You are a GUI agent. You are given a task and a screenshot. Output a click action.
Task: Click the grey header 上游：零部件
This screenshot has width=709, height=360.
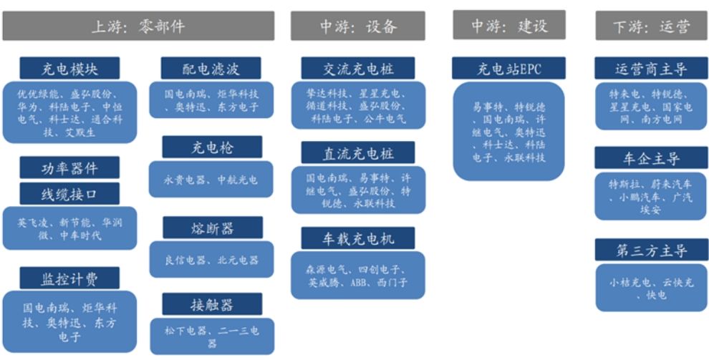click(x=138, y=26)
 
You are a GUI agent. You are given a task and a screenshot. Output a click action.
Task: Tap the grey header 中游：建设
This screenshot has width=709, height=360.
click(x=508, y=26)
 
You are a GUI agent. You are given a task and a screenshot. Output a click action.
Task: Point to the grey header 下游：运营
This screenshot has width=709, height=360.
click(x=651, y=26)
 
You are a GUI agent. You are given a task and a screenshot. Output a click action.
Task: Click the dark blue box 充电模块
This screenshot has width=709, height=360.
click(x=69, y=69)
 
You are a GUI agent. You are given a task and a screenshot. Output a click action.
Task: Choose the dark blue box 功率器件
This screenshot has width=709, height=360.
click(x=69, y=169)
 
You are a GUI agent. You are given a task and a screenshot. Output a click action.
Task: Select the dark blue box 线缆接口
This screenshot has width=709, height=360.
click(x=69, y=194)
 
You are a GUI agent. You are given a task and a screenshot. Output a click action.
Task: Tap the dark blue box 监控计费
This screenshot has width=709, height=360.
click(x=69, y=278)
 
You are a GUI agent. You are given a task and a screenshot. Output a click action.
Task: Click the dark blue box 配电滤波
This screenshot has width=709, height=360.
click(x=211, y=69)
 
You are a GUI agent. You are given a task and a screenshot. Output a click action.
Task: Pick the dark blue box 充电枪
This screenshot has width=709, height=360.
click(x=211, y=147)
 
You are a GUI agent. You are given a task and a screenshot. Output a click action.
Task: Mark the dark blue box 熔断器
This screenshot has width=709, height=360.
click(x=211, y=228)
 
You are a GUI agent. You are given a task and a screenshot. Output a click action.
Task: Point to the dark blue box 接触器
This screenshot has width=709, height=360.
click(x=211, y=304)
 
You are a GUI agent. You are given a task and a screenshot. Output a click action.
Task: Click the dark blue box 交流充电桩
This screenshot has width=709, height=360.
click(x=358, y=69)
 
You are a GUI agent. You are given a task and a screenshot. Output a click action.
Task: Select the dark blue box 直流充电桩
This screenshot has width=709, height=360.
click(x=358, y=153)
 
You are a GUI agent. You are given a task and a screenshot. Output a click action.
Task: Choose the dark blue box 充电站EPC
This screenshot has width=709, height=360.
click(x=508, y=69)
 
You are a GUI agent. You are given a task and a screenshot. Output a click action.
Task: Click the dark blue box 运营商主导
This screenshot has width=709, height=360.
click(x=651, y=69)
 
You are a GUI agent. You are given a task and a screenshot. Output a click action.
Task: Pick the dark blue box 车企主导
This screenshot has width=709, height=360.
click(x=651, y=158)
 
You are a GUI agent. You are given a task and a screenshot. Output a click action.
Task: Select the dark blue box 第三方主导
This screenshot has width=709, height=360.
click(x=651, y=250)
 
